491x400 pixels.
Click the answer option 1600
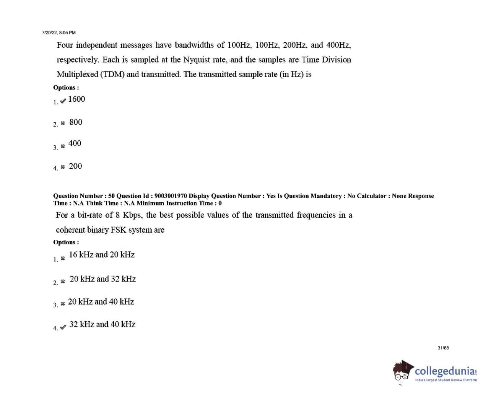(x=76, y=99)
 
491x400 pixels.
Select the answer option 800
(x=76, y=122)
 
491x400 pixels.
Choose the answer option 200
(x=75, y=166)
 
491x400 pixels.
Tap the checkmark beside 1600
(x=63, y=101)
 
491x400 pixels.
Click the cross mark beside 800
(x=63, y=123)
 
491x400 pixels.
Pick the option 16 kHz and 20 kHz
(x=102, y=255)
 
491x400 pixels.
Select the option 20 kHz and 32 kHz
(x=102, y=279)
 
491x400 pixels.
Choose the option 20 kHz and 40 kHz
(x=101, y=302)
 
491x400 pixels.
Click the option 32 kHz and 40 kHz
(x=102, y=324)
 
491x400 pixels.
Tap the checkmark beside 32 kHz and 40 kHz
(x=63, y=327)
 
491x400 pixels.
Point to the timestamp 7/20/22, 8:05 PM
(x=59, y=33)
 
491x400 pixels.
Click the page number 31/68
(x=443, y=348)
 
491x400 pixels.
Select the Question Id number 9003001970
(x=171, y=196)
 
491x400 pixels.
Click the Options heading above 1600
(x=66, y=88)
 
